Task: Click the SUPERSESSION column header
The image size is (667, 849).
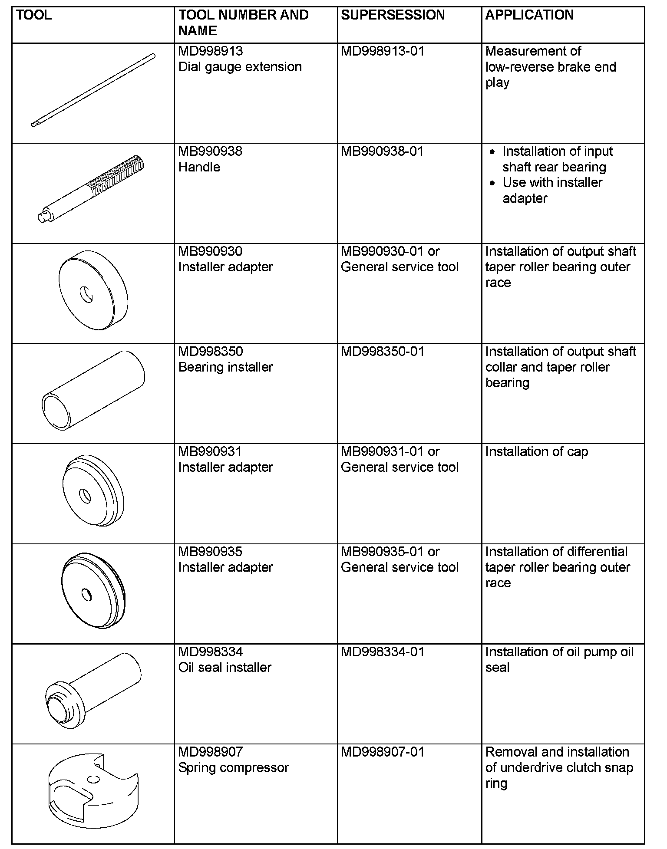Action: (x=393, y=15)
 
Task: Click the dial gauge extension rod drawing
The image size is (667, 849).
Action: (x=93, y=90)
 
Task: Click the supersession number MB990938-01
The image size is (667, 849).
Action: (x=382, y=151)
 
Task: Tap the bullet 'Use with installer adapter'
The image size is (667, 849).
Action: (x=552, y=190)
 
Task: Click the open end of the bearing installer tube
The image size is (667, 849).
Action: (x=56, y=410)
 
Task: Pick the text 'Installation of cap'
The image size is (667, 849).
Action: (x=536, y=452)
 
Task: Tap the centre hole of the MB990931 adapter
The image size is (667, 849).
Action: (x=84, y=495)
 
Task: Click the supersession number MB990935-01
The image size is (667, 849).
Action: (x=382, y=552)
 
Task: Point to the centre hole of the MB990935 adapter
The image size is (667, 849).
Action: (x=87, y=595)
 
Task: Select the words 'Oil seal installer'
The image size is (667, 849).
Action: (x=225, y=668)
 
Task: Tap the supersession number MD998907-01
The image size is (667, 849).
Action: (x=382, y=752)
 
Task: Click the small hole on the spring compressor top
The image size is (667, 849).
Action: (x=91, y=780)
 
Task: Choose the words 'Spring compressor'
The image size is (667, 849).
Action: (x=233, y=767)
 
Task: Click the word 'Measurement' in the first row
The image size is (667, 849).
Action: (x=533, y=51)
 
